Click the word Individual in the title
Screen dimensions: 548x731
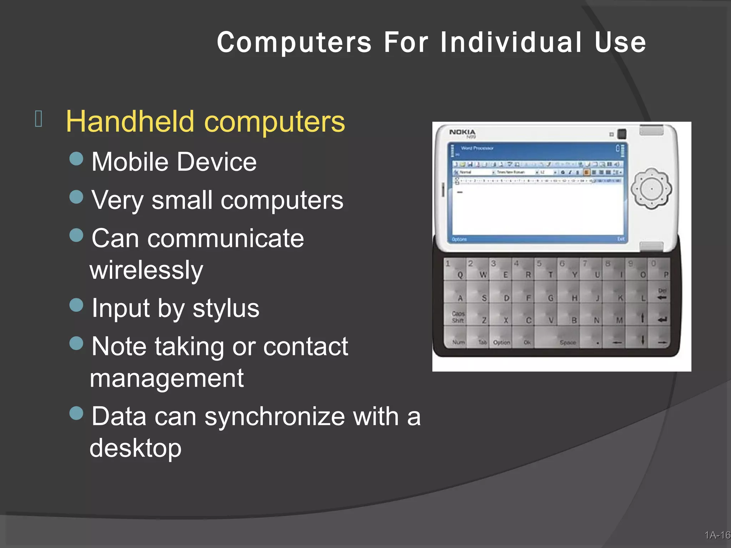[x=511, y=42]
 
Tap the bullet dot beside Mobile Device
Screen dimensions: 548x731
[x=76, y=159]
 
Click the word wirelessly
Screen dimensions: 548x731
[x=146, y=270]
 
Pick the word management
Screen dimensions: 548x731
[x=167, y=378]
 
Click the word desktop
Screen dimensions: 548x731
[x=135, y=448]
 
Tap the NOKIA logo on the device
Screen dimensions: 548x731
[x=462, y=132]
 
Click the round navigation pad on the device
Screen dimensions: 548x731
[x=651, y=189]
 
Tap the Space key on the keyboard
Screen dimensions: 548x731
[x=568, y=342]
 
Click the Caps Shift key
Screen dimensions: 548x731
[x=458, y=317]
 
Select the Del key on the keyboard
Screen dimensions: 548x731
[x=662, y=294]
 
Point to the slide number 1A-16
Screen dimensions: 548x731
[x=717, y=535]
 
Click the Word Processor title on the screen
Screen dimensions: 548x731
[x=477, y=148]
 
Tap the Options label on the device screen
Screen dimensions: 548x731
[x=459, y=239]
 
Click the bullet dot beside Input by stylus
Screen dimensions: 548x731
[x=76, y=305]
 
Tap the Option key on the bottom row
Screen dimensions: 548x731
[x=501, y=342]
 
